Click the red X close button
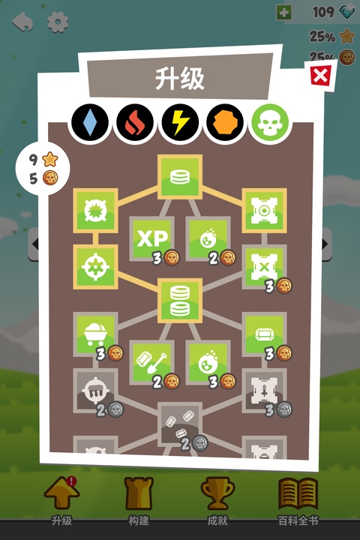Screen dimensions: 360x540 (x=320, y=76)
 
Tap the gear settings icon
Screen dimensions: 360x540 (x=58, y=22)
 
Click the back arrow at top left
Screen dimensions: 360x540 (x=22, y=22)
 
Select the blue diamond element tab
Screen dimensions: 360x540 (x=90, y=123)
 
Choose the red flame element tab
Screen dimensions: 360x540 (x=135, y=123)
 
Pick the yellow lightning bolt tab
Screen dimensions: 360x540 (x=180, y=123)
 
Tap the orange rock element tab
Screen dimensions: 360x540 (x=225, y=123)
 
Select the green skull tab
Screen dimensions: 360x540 (x=270, y=123)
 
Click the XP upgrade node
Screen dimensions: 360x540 (x=151, y=238)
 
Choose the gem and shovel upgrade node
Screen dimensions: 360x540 (x=151, y=362)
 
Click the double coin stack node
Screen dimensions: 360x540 (x=180, y=301)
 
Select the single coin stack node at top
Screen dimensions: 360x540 (x=180, y=177)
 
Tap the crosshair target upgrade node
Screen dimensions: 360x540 (x=95, y=267)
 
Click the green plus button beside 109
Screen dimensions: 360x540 (x=283, y=13)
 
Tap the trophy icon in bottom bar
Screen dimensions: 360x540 (x=217, y=493)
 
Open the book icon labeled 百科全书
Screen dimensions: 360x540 (x=298, y=493)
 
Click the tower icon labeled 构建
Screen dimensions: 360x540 (x=139, y=493)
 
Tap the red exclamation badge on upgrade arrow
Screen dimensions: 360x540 (x=71, y=481)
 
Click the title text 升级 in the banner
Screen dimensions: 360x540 (x=180, y=79)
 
